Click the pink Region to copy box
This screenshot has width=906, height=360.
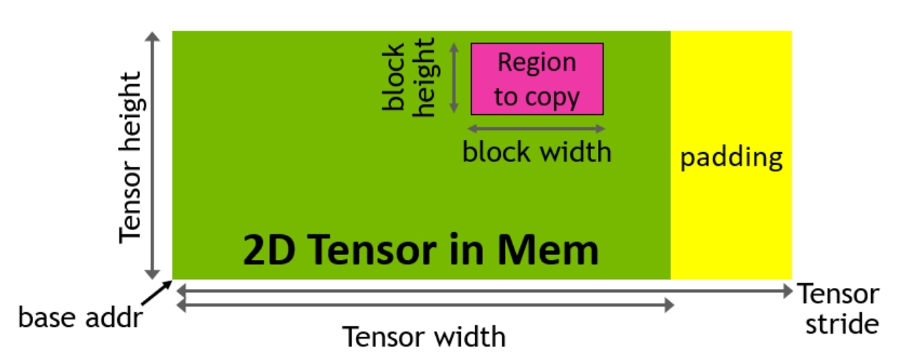click(537, 79)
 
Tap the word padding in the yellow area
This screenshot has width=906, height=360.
click(731, 157)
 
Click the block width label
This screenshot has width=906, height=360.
click(537, 152)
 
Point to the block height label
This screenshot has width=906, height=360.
click(408, 79)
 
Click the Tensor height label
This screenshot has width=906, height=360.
click(132, 156)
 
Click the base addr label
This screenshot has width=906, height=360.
click(79, 317)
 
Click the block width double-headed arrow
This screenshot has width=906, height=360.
click(536, 129)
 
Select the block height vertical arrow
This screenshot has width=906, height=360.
click(453, 77)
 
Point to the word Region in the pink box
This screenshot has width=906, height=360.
click(537, 63)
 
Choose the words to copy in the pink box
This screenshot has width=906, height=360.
click(537, 96)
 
